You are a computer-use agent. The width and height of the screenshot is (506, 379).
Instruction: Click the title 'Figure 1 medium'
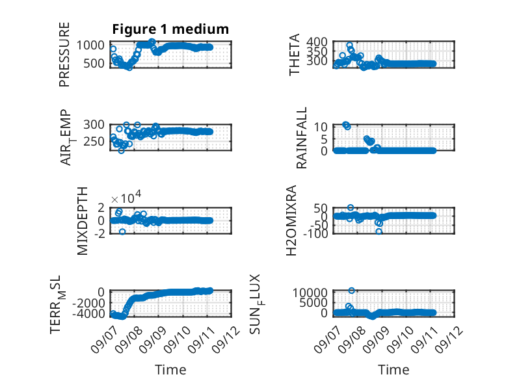(x=170, y=29)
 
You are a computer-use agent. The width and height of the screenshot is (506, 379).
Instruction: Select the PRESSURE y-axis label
(x=64, y=54)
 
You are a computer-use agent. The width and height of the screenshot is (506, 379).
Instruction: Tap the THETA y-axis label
(x=295, y=55)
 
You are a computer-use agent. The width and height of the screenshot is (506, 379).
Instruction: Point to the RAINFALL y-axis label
(x=301, y=138)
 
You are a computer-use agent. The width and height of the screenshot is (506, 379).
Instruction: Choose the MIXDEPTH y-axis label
(x=83, y=221)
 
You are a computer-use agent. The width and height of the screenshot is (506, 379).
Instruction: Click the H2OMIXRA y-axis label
(x=291, y=220)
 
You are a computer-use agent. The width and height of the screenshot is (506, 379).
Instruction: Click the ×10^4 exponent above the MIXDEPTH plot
(x=126, y=197)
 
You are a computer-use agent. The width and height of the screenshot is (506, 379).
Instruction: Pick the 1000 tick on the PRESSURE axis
(x=90, y=45)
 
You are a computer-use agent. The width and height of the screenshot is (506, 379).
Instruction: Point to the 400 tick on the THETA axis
(x=317, y=42)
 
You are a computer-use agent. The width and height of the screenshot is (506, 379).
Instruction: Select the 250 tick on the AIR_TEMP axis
(x=94, y=141)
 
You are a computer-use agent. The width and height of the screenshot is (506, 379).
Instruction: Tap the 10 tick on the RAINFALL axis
(x=321, y=127)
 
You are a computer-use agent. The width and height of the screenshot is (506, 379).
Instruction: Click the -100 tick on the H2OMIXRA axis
(x=315, y=233)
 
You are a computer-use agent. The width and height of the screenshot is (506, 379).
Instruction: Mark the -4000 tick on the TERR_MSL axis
(x=88, y=313)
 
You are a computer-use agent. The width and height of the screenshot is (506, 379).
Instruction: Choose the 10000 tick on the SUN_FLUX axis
(x=310, y=293)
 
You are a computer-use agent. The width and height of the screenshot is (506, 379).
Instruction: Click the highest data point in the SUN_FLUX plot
(x=352, y=291)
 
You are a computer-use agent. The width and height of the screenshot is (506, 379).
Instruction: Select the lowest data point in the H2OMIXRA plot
(x=379, y=231)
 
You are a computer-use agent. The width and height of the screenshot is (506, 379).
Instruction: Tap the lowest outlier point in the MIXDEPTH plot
(x=122, y=231)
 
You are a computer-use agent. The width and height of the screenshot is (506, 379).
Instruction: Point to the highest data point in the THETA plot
(x=349, y=45)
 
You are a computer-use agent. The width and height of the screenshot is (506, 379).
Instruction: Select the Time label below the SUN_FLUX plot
(x=393, y=369)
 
